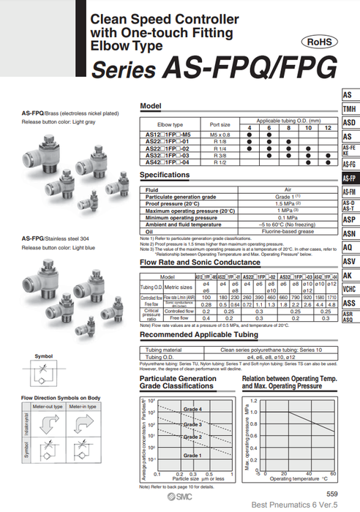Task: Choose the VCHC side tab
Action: tap(350, 289)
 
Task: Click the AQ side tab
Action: tap(350, 247)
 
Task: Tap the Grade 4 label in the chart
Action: tap(192, 408)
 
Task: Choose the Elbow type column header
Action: tap(170, 125)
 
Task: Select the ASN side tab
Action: tap(350, 233)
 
